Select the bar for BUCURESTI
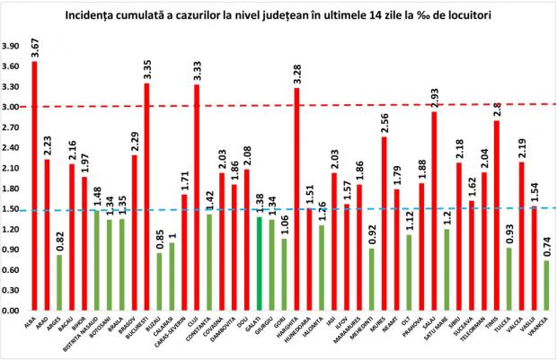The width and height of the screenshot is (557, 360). click(146, 198)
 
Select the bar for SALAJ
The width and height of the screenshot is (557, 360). click(435, 212)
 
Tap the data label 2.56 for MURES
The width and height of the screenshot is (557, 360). click(385, 122)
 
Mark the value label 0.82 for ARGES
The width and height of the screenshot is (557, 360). click(60, 240)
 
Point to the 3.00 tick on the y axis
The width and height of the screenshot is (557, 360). click(10, 107)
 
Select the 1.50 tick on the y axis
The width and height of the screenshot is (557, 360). click(10, 209)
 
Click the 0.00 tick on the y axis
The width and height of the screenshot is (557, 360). click(10, 311)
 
